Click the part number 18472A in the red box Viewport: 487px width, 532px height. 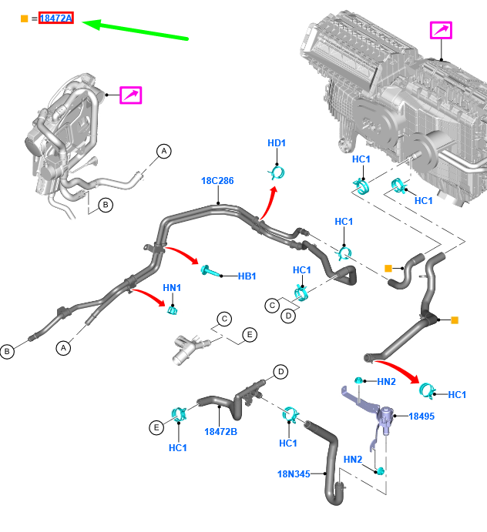[56, 18]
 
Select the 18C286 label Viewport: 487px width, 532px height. [217, 181]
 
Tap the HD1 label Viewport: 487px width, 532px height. [277, 143]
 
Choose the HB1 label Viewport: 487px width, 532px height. [247, 275]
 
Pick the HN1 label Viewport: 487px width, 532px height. [172, 287]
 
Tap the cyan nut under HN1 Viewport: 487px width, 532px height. [173, 309]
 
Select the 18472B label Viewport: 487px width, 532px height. [221, 431]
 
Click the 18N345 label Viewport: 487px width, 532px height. [294, 474]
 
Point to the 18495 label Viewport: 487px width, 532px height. [422, 416]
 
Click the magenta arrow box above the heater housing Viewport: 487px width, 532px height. [441, 30]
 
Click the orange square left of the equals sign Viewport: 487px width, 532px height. [24, 18]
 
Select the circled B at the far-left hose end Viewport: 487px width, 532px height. [7, 352]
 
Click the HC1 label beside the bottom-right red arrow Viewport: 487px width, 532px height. [457, 395]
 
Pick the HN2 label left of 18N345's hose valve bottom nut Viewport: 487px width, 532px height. [353, 460]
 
